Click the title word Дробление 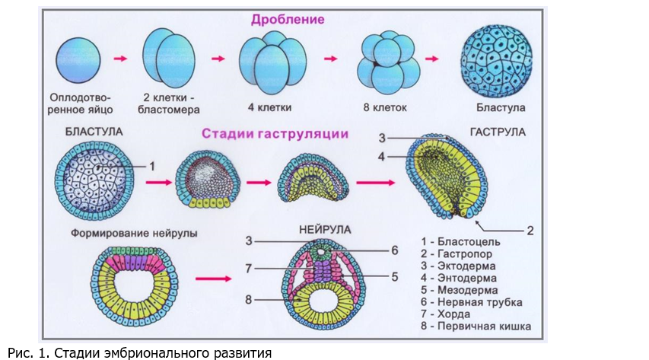(288, 20)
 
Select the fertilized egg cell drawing (78, 60)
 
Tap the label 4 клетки (269, 108)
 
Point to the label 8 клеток (385, 108)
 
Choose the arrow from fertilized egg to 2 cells (120, 59)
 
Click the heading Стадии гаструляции (275, 134)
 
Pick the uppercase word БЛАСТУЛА (94, 132)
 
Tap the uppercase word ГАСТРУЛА (498, 132)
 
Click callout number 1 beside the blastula (152, 167)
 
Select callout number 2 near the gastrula (530, 231)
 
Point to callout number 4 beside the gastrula (381, 157)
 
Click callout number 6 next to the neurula (394, 250)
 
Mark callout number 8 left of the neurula (248, 299)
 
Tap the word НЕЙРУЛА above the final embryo (325, 230)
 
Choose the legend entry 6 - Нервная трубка (472, 302)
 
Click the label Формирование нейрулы (134, 233)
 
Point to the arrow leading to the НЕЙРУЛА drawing (213, 279)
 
